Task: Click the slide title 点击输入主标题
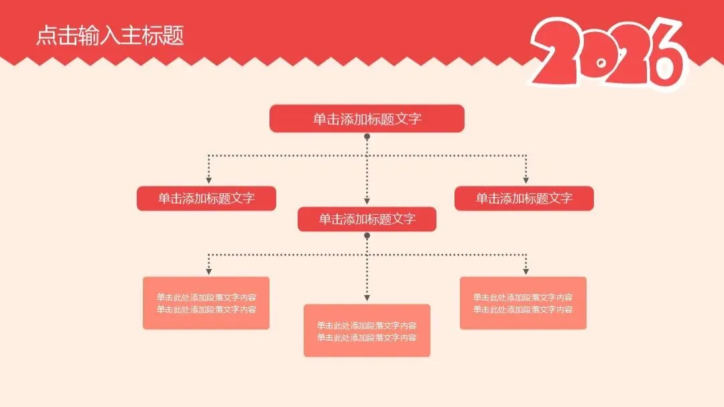tap(110, 36)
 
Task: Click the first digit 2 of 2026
tap(558, 54)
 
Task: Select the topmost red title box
tap(367, 119)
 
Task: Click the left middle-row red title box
tap(206, 198)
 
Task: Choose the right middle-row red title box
tap(524, 198)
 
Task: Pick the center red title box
tap(367, 219)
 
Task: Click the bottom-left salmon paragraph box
tap(206, 303)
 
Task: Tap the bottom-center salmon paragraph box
tap(367, 331)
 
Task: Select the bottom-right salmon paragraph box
tap(523, 303)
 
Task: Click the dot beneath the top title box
tap(367, 137)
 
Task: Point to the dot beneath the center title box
tap(367, 236)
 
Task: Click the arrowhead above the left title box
tap(208, 180)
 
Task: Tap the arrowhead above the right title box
tap(526, 180)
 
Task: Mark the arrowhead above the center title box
tap(367, 201)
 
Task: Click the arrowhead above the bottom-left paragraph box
tap(208, 272)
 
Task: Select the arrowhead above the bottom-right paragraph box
tap(526, 272)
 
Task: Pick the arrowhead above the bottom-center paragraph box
tap(367, 298)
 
